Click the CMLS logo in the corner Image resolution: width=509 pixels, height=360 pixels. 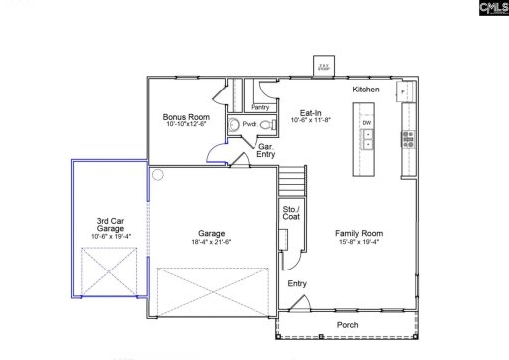491,9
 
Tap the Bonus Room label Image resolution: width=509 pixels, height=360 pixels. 186,116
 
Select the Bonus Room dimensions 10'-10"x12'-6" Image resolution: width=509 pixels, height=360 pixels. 186,124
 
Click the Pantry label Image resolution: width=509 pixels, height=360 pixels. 261,106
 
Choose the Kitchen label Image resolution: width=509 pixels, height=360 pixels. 366,90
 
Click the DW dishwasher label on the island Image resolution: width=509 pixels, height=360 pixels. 367,123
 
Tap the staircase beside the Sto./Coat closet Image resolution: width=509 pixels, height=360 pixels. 290,182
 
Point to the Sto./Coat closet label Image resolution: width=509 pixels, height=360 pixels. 291,213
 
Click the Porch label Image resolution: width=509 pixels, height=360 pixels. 348,324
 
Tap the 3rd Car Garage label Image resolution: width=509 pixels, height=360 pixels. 110,225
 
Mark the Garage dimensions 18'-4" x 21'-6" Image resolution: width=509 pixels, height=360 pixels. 209,242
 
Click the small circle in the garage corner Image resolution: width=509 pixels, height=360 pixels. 156,174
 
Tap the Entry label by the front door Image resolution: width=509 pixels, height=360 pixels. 297,283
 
